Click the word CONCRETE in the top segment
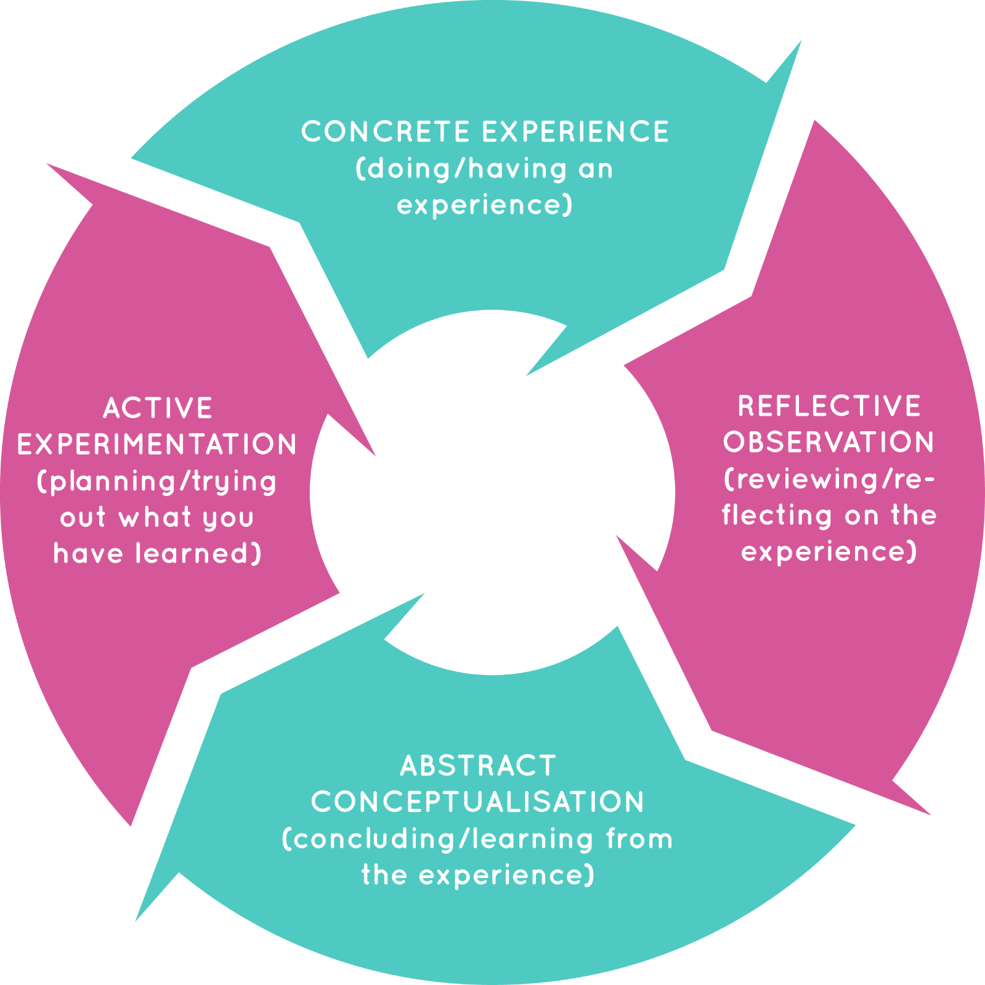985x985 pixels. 386,132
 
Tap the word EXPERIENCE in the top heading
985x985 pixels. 575,132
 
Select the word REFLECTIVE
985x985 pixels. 829,407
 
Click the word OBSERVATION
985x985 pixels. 829,442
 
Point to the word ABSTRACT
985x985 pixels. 478,766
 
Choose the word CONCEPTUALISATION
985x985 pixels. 478,802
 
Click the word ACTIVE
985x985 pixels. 158,408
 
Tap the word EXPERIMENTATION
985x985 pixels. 157,445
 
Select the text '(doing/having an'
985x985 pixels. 485,169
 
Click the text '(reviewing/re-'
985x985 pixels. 829,479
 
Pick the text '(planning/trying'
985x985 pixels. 157,482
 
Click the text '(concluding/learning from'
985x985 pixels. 478,839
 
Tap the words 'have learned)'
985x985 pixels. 157,553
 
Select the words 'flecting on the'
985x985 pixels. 829,515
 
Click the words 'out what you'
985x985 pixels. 157,517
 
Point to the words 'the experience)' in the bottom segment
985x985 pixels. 478,875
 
